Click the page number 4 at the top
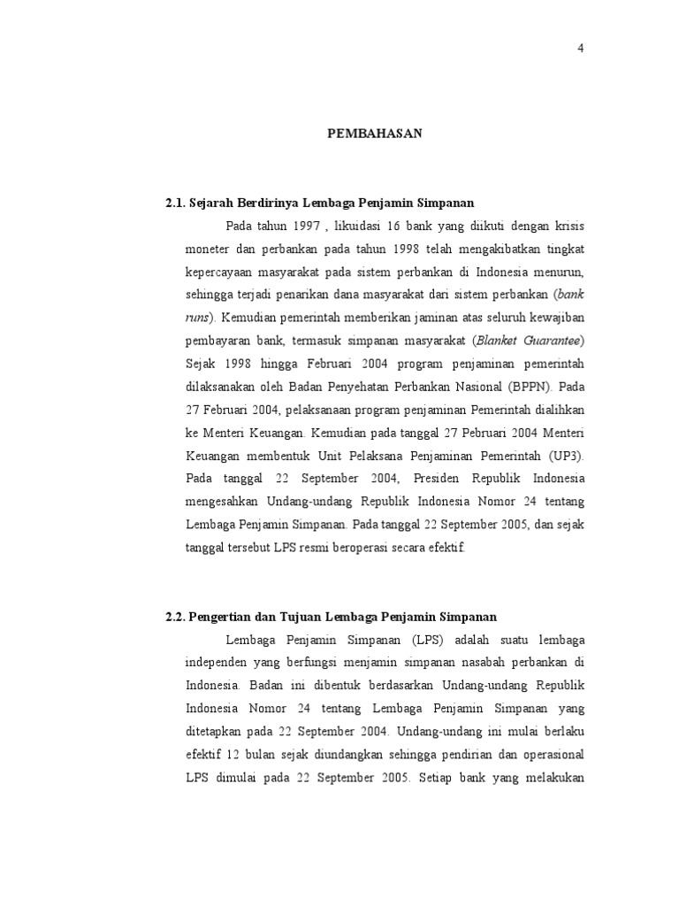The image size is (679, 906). (x=581, y=49)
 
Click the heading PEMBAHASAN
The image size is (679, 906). (x=376, y=134)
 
